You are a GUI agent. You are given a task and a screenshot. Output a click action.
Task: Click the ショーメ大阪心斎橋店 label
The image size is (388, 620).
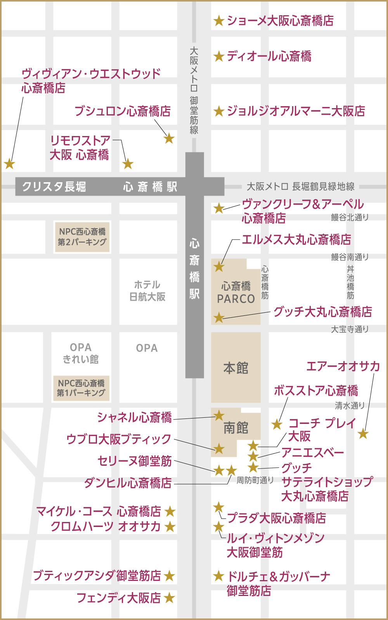[280, 21]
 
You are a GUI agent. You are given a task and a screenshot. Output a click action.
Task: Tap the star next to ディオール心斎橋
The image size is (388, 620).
[219, 57]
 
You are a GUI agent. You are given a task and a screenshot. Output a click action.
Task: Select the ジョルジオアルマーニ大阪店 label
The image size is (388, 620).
[296, 111]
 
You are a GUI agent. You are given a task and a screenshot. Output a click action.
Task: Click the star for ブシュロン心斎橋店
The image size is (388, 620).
[169, 138]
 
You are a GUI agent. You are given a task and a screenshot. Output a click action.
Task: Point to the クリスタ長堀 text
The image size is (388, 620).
[54, 187]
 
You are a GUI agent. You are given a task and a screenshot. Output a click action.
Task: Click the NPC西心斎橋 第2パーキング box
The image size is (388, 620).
[82, 237]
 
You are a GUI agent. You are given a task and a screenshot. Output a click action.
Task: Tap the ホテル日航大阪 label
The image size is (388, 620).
[147, 291]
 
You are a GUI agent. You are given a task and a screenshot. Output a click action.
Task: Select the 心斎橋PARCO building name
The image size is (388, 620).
[236, 293]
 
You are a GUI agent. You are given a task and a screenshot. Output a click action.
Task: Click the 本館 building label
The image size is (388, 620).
[236, 368]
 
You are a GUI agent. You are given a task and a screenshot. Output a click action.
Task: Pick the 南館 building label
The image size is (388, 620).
[236, 428]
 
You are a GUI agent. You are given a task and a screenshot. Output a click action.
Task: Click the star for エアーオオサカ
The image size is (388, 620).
[363, 434]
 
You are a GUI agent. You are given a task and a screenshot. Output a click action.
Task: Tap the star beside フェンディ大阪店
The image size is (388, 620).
[169, 598]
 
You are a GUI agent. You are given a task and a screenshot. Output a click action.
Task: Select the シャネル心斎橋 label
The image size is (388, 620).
[134, 417]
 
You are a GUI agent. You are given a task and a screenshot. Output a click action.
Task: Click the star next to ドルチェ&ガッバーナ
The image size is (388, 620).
[219, 576]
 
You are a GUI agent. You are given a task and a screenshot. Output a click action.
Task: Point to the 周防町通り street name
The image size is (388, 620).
[255, 480]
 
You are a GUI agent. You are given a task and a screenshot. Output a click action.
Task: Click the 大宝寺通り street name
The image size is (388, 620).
[350, 329]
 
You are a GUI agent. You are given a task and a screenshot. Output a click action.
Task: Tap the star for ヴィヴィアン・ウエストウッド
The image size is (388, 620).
[9, 164]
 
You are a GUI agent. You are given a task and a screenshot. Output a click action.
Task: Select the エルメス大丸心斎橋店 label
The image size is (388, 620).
[296, 240]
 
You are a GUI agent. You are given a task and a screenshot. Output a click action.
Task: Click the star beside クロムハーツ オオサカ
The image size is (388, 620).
[170, 527]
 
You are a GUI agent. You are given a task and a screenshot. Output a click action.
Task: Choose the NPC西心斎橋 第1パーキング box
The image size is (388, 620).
[81, 388]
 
